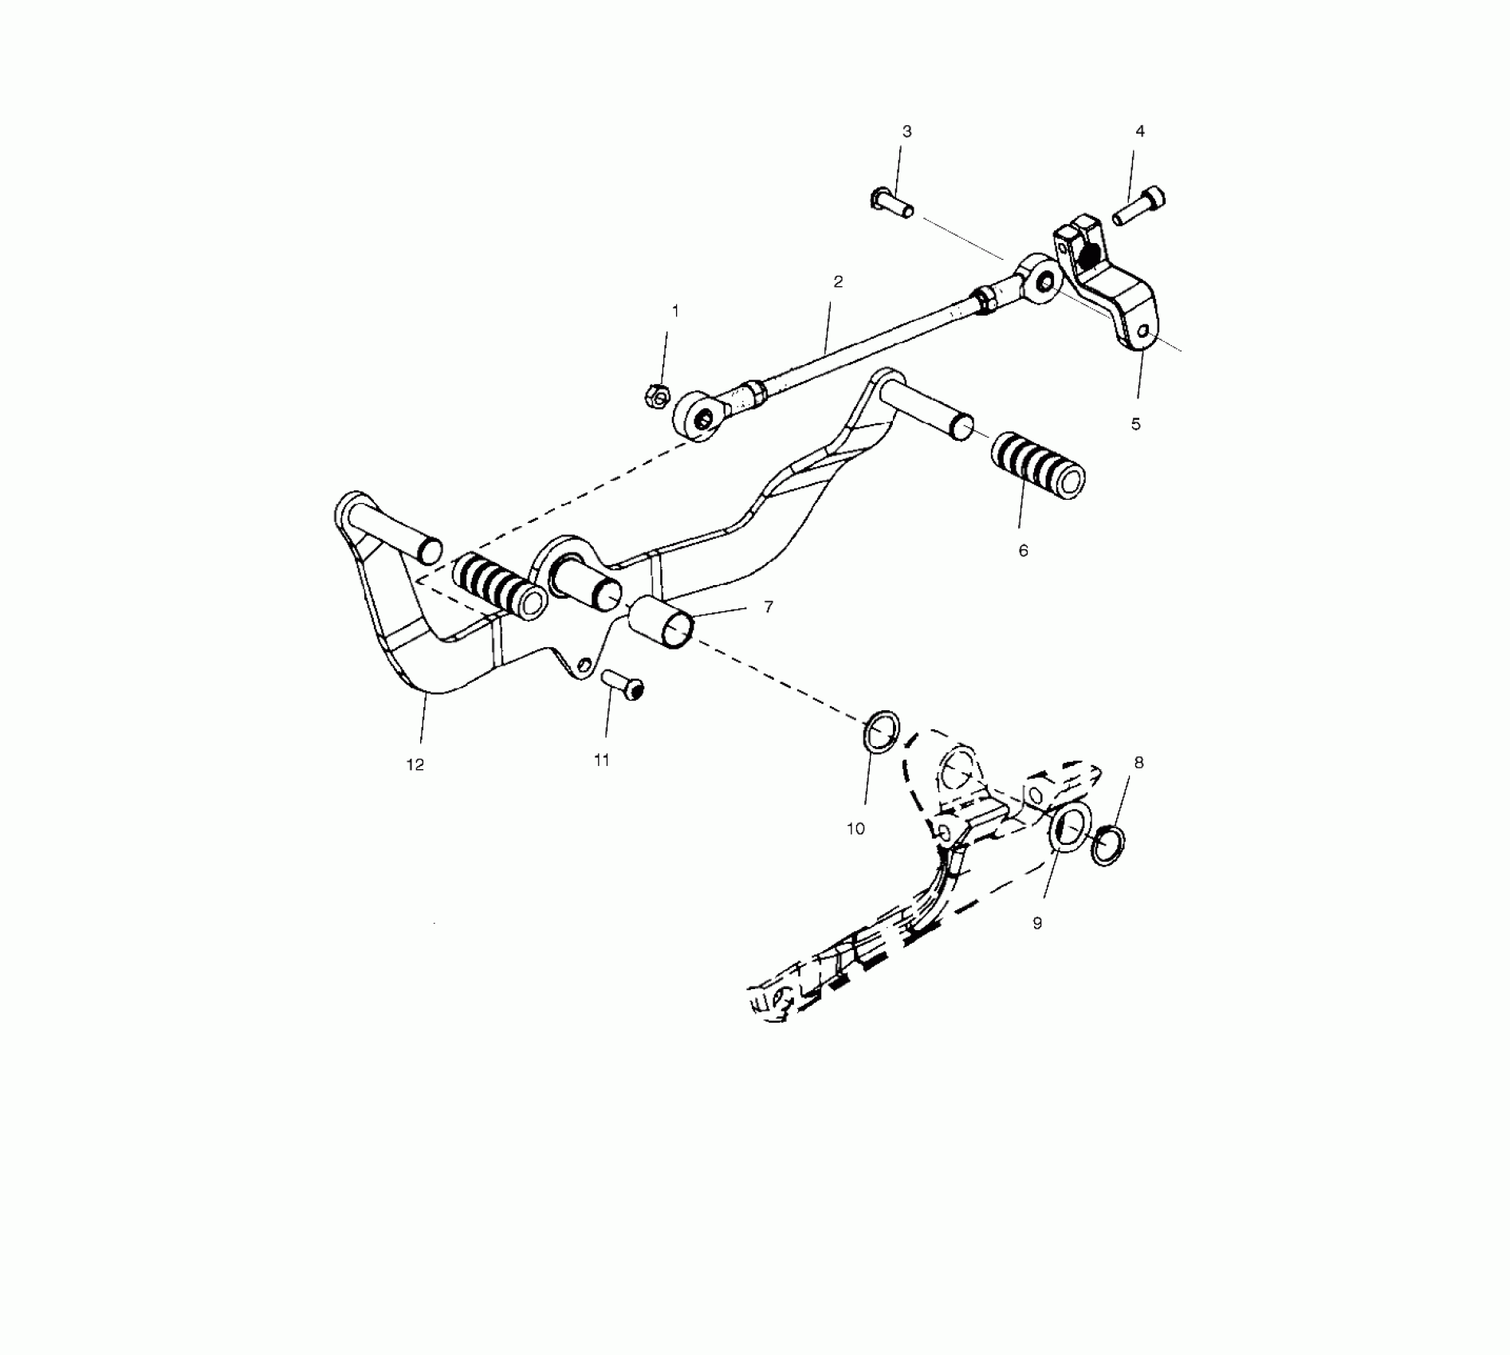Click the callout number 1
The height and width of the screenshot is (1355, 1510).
click(x=676, y=311)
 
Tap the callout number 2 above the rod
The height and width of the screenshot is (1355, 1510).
click(x=838, y=281)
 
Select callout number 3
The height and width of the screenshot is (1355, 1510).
click(x=906, y=132)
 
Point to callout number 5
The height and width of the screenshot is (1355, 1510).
click(x=1136, y=424)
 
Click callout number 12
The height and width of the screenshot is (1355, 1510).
click(x=415, y=764)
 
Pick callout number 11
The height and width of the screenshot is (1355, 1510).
click(x=602, y=760)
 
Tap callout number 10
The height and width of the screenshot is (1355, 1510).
click(x=855, y=829)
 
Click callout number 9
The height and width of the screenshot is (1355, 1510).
click(x=1037, y=923)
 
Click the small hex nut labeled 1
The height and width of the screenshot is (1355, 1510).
click(x=655, y=395)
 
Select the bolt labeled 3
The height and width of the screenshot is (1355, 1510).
click(x=891, y=204)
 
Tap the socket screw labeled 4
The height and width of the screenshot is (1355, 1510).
click(x=1139, y=205)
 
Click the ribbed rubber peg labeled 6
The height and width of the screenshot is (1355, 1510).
click(x=1037, y=471)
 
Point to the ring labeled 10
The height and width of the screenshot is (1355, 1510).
click(x=881, y=732)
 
